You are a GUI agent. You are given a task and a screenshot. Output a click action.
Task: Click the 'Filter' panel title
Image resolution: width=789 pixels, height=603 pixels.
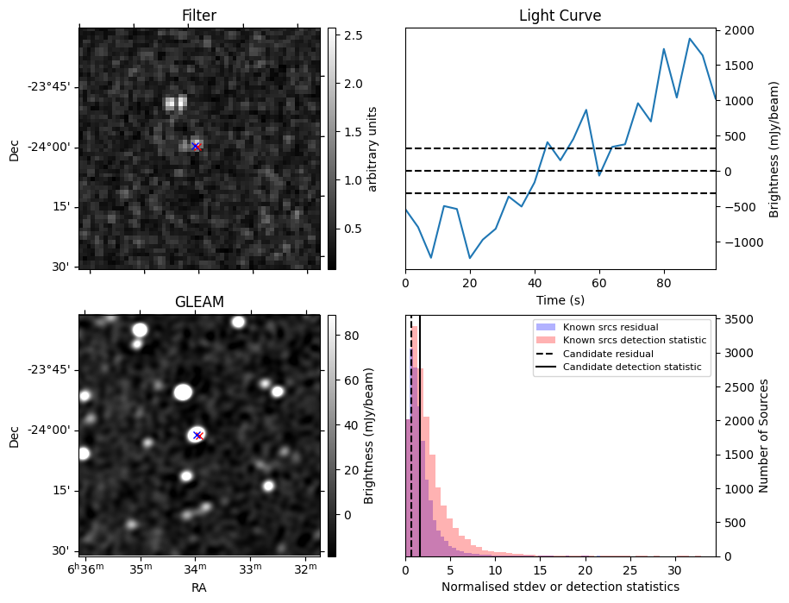pos(199,16)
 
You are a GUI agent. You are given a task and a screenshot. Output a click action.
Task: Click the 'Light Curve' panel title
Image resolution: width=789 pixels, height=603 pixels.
pos(560,16)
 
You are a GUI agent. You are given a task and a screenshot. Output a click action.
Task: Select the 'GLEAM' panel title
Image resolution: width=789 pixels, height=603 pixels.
pos(199,302)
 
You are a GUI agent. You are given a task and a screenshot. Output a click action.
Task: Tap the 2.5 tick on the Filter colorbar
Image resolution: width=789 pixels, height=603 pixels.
pos(352,35)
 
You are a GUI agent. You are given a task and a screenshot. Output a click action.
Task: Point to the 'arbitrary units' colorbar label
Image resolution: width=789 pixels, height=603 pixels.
pos(373,148)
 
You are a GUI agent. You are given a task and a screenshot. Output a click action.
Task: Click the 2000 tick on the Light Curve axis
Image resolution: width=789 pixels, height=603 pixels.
pos(741,31)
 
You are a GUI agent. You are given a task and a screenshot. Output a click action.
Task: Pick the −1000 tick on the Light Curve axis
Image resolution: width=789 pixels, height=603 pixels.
pos(738,242)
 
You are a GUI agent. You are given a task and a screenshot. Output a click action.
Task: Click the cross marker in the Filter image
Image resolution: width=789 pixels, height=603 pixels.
pos(196,147)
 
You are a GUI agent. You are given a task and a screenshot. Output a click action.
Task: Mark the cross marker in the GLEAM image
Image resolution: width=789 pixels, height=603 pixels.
pos(197,435)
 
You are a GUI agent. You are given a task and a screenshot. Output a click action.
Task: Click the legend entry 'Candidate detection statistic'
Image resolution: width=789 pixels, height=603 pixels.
pos(634,367)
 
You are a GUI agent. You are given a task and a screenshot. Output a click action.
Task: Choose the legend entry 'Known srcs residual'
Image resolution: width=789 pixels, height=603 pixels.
pos(610,327)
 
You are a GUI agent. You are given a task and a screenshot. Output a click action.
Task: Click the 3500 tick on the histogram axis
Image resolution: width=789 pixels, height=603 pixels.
pos(741,320)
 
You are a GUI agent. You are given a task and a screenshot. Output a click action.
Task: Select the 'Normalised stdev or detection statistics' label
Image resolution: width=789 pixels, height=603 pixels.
pos(560,587)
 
